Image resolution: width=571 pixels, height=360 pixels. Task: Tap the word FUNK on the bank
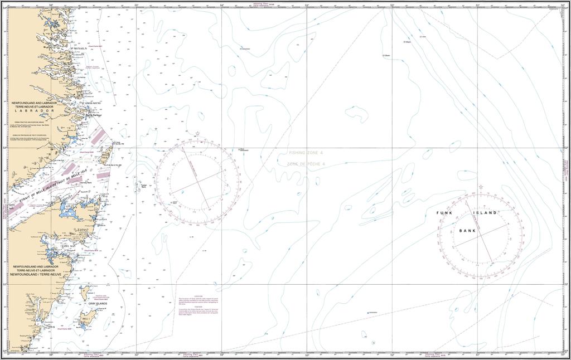[x=444, y=213]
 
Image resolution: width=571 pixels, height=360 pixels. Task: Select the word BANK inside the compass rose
[x=467, y=230]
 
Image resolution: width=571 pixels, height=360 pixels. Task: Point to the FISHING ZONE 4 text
[x=306, y=153]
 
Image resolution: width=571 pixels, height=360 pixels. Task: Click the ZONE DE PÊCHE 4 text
[x=306, y=164]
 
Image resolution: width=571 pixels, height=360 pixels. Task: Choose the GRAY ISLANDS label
[x=90, y=304]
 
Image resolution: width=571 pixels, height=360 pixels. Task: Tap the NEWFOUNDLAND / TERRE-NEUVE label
[x=37, y=275]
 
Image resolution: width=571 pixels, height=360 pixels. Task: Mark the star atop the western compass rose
[x=198, y=133]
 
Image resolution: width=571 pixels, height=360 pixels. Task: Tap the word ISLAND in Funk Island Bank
[x=485, y=213]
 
